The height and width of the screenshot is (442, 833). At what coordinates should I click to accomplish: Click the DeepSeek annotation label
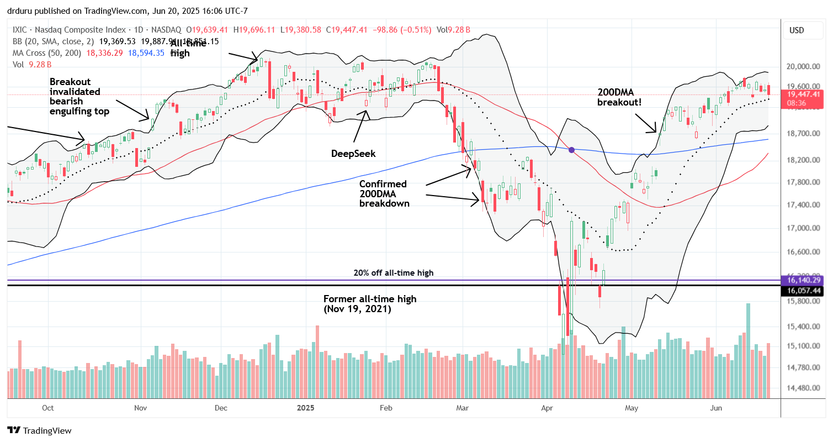pyautogui.click(x=353, y=154)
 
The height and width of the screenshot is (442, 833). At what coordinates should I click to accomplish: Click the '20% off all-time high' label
pyautogui.click(x=393, y=272)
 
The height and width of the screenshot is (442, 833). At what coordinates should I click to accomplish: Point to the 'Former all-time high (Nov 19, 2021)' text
pyautogui.click(x=370, y=304)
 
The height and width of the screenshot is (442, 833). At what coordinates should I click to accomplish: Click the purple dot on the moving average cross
pyautogui.click(x=572, y=150)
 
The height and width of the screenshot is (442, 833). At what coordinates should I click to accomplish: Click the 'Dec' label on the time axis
pyautogui.click(x=221, y=408)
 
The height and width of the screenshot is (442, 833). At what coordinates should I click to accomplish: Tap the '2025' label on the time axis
pyautogui.click(x=305, y=408)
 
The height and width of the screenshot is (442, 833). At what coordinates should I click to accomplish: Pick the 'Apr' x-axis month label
pyautogui.click(x=548, y=408)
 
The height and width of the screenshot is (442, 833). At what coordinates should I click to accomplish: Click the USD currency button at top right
pyautogui.click(x=796, y=30)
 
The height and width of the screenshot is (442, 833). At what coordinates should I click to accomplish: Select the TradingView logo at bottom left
pyautogui.click(x=39, y=430)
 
